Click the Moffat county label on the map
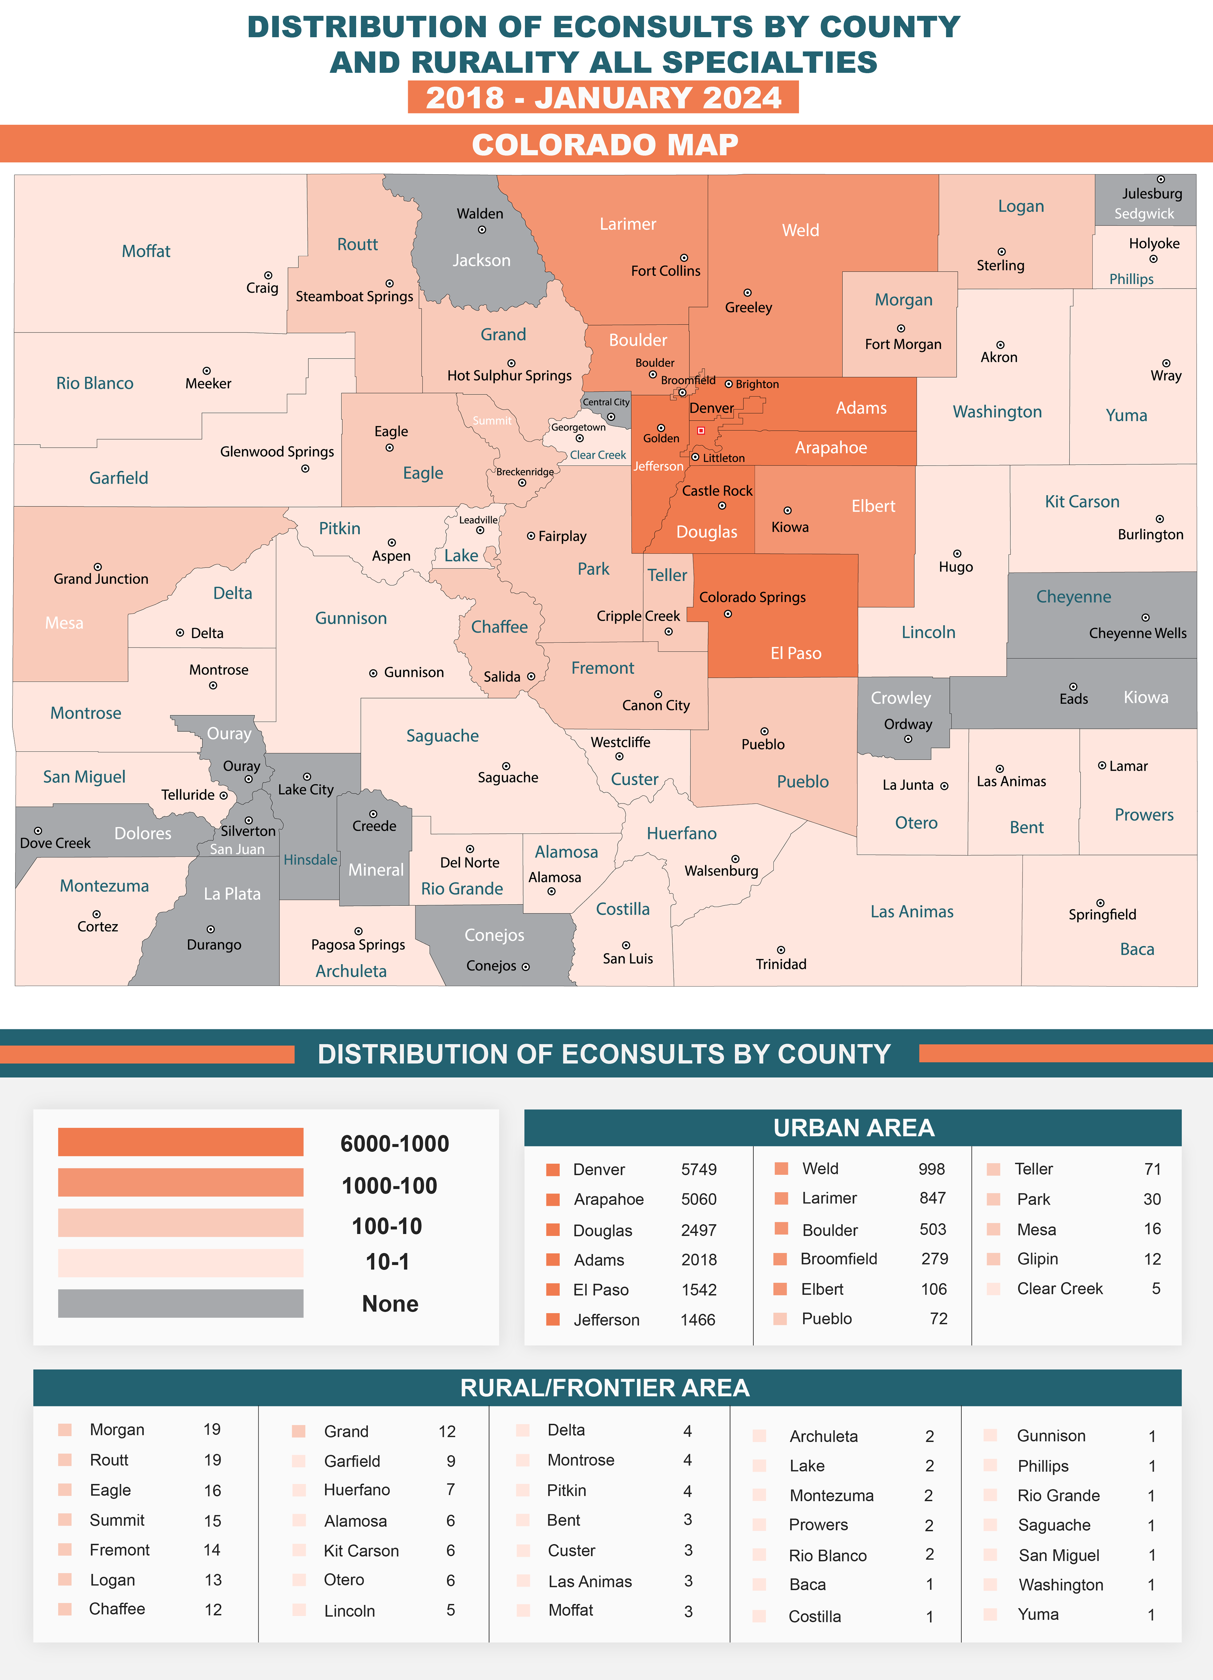[146, 251]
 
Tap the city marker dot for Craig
[268, 276]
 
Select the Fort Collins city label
[665, 271]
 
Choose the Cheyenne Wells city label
[1137, 633]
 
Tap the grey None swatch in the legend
[181, 1304]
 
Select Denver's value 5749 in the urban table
[699, 1170]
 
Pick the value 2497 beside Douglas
[699, 1230]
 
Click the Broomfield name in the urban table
[839, 1259]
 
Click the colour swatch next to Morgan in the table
[65, 1430]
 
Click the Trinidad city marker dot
[781, 950]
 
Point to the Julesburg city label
[1152, 194]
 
